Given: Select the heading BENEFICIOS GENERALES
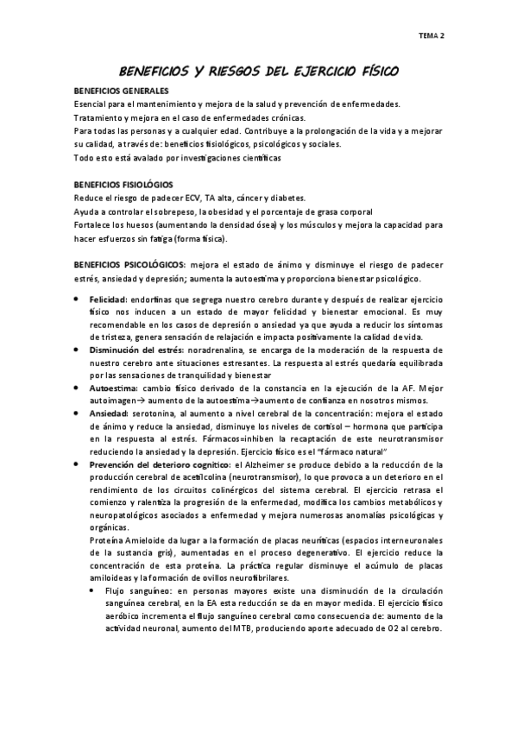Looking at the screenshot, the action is [121, 91].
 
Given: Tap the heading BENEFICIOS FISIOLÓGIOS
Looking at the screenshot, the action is [123, 185].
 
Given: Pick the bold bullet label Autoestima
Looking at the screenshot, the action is [115, 388].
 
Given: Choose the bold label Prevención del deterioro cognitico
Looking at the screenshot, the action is [162, 465].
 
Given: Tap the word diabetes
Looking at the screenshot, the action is [288, 197].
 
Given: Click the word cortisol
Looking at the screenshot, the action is [331, 427].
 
